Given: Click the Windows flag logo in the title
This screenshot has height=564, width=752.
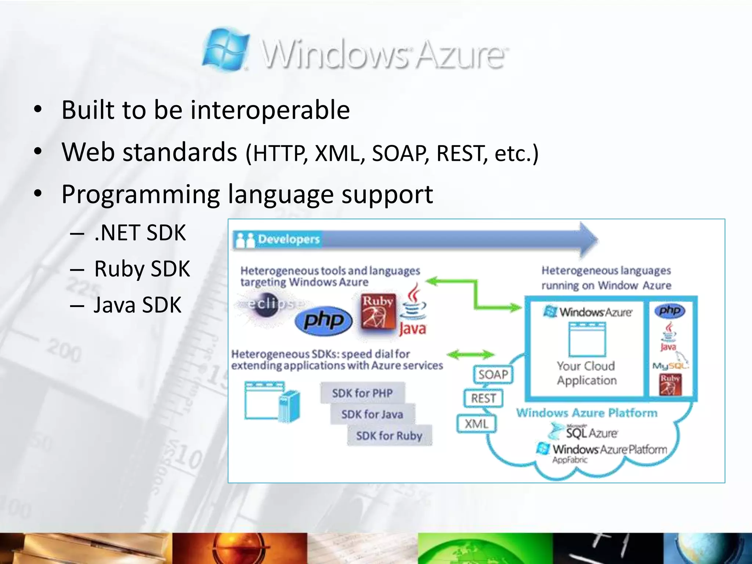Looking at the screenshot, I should coord(225,49).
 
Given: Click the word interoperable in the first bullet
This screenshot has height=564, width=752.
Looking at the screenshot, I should coord(270,110).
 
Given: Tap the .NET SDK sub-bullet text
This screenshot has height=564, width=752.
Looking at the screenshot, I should coord(140,233).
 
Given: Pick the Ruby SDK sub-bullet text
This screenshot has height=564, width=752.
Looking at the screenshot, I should coord(142,269).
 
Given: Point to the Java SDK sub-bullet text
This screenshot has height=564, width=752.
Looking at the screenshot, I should coord(137,305).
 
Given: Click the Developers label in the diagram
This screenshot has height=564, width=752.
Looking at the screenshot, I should coord(289,239).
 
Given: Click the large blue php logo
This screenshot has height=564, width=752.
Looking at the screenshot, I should coord(323,321).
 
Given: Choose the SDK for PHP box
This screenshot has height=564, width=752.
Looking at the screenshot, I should coord(362,393).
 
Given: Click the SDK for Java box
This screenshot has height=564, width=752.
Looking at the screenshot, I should coord(372,415).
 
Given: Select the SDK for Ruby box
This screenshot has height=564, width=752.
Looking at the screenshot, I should coord(389,436).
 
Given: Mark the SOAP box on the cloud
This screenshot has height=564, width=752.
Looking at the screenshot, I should coord(493,375).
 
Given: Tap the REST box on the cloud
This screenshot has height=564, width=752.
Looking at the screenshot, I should coord(483,398).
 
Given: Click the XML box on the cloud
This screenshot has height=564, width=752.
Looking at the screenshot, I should coord(477,424).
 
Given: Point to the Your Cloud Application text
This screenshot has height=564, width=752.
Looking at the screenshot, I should coord(586,373).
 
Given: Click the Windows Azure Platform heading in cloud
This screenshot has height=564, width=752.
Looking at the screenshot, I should coord(586,413).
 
